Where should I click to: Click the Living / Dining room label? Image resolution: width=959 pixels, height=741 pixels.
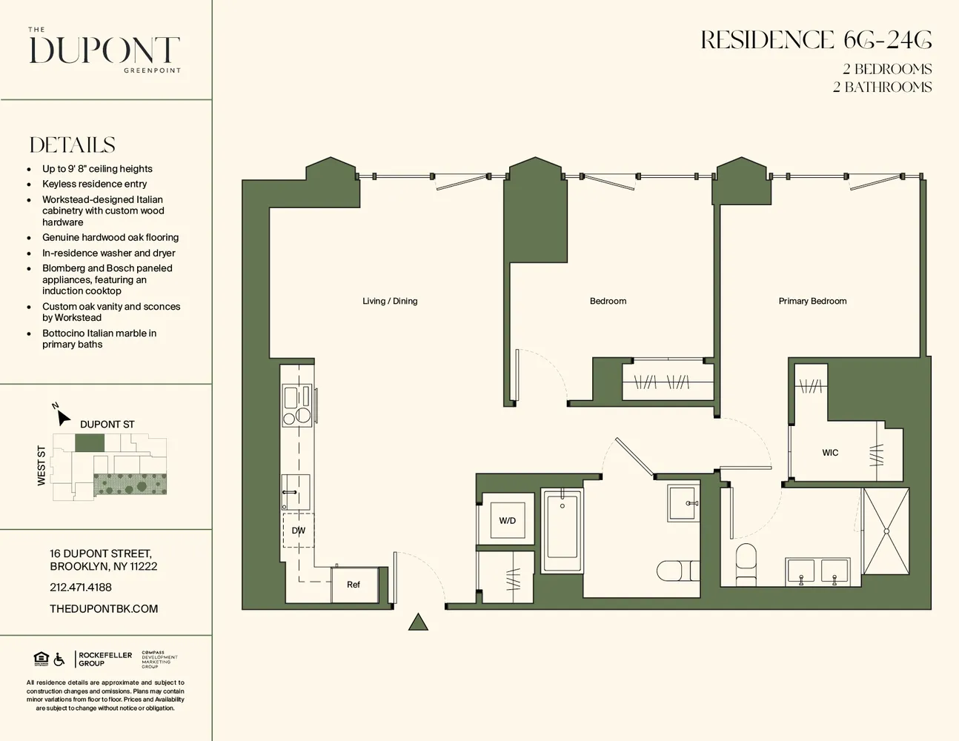pos(390,301)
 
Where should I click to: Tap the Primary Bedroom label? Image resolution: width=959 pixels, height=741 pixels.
pos(812,301)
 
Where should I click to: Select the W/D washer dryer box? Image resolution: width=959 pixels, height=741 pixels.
pos(507,520)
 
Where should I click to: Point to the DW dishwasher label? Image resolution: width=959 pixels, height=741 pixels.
pos(299,531)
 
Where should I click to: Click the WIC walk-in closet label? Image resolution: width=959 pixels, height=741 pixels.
pos(830,453)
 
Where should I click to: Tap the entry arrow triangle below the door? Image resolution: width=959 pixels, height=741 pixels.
pos(418,622)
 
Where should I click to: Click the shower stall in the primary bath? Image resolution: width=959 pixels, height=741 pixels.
pos(886,531)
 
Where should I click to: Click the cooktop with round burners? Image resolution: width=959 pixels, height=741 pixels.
pos(297,406)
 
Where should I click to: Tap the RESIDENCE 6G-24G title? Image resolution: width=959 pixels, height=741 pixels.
pos(816,40)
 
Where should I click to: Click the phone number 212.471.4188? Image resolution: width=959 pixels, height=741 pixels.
pos(81,587)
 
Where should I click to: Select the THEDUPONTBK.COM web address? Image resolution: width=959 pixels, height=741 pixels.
pos(104,608)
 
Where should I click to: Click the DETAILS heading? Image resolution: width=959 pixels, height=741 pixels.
pos(73,145)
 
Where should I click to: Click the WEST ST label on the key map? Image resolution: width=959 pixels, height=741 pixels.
pos(42,466)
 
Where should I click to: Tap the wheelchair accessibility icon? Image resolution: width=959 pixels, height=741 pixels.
pos(59,659)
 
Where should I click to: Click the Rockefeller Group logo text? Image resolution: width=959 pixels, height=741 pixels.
pos(105,659)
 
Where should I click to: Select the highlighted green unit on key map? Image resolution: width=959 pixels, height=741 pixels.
pos(90,443)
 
